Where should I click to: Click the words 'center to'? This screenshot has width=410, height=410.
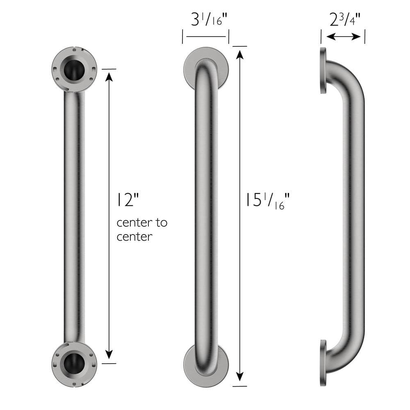(142, 223)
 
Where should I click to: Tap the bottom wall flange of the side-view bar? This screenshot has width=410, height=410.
(323, 363)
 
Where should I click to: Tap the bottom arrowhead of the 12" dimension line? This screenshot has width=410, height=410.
(109, 355)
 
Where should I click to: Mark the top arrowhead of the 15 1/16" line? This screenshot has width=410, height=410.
(240, 53)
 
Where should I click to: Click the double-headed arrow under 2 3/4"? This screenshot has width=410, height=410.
(344, 37)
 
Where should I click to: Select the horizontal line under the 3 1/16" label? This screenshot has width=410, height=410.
(206, 36)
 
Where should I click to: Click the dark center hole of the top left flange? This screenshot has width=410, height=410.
(74, 70)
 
